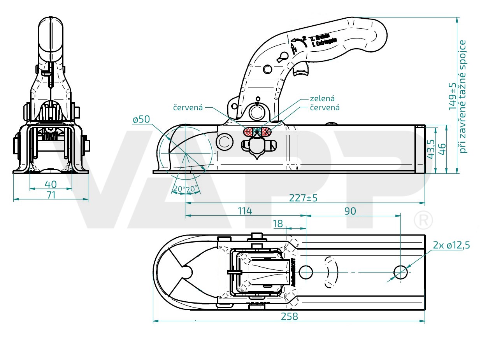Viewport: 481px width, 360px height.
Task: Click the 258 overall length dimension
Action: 289,316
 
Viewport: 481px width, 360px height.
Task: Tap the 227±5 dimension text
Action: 303,198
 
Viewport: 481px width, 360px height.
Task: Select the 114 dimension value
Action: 245,211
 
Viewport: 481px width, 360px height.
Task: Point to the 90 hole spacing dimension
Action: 350,211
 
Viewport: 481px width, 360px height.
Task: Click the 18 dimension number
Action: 278,224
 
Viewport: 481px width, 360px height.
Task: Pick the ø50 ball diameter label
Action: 141,120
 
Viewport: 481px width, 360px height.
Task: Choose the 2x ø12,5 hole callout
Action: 451,245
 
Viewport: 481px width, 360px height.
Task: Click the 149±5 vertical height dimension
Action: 452,96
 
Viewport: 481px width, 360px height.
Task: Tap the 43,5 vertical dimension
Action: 430,149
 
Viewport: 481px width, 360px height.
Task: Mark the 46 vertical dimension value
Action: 442,149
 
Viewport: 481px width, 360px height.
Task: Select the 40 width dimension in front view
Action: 51,184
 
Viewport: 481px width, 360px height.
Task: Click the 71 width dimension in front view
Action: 51,195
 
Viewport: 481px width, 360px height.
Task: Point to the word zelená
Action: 322,99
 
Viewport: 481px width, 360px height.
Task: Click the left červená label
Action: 188,107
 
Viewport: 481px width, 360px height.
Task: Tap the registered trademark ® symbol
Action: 423,220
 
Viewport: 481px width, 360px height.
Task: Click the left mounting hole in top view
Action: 306,272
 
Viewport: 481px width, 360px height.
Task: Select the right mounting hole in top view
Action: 401,272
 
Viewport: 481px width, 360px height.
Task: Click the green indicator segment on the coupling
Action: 257,132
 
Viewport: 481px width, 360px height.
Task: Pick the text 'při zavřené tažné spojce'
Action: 463,96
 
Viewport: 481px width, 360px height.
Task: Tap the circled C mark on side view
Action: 224,142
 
